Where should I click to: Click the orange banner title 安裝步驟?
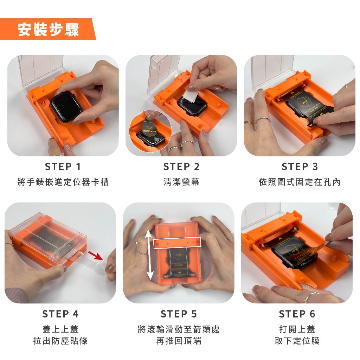click(x=48, y=30)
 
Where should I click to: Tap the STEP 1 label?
click(x=63, y=167)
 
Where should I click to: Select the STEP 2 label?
click(x=181, y=167)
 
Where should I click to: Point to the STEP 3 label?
click(x=300, y=167)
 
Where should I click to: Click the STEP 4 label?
click(x=60, y=314)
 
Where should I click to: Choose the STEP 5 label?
click(x=179, y=314)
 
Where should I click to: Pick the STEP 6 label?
click(x=297, y=314)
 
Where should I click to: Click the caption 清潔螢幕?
click(x=181, y=182)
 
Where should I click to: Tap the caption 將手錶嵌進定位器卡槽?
click(x=63, y=182)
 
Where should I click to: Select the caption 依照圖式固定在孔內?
click(x=300, y=182)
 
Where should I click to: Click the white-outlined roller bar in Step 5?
click(x=177, y=243)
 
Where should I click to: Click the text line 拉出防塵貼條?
click(x=60, y=340)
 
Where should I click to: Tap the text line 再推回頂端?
click(x=179, y=340)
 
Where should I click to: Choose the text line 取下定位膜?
click(x=297, y=340)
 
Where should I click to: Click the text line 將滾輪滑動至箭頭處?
click(x=179, y=329)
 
